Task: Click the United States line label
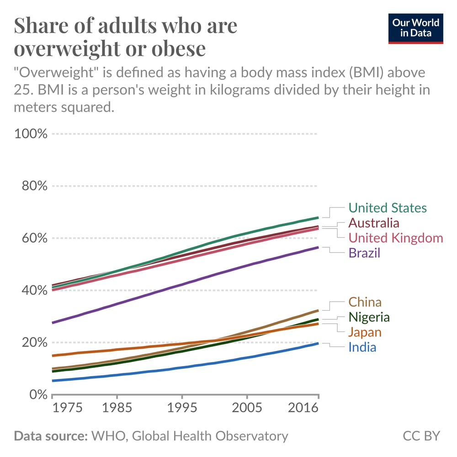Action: (388, 208)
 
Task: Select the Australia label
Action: (374, 223)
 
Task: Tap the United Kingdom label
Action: (396, 238)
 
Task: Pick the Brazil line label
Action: (364, 253)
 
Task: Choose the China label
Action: (365, 302)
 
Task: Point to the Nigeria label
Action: (369, 317)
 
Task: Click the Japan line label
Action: (365, 332)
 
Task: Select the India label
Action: (362, 347)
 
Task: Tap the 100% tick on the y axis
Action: (31, 134)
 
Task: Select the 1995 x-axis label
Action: (182, 408)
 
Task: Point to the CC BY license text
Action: (421, 436)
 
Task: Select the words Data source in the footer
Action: (51, 436)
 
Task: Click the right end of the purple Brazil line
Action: (318, 247)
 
